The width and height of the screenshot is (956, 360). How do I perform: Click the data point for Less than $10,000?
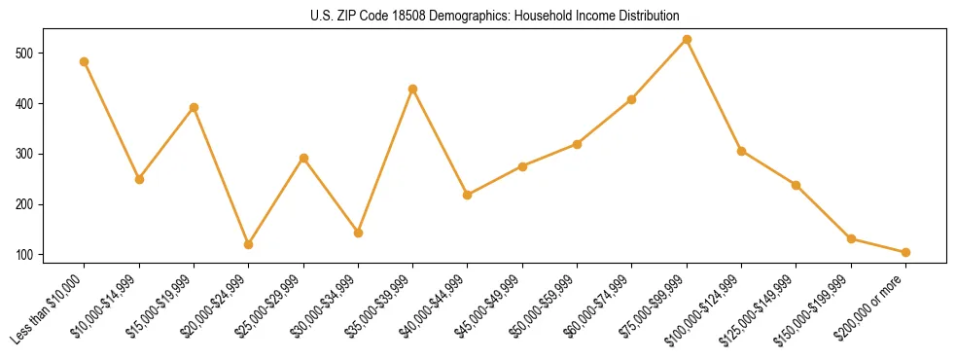[85, 61]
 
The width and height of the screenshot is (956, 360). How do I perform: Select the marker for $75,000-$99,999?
[688, 39]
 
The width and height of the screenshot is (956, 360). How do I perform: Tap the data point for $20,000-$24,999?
[249, 244]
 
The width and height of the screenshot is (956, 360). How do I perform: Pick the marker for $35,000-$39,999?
[413, 89]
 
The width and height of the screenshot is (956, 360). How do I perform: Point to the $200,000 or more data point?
[906, 252]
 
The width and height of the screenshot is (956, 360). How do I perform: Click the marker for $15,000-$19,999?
[195, 107]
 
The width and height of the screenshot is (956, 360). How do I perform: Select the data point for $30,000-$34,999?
[359, 233]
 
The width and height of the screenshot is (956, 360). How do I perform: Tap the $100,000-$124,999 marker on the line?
[742, 151]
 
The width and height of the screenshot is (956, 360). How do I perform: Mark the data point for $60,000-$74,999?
[632, 99]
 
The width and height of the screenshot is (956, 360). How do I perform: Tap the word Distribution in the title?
[643, 17]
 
